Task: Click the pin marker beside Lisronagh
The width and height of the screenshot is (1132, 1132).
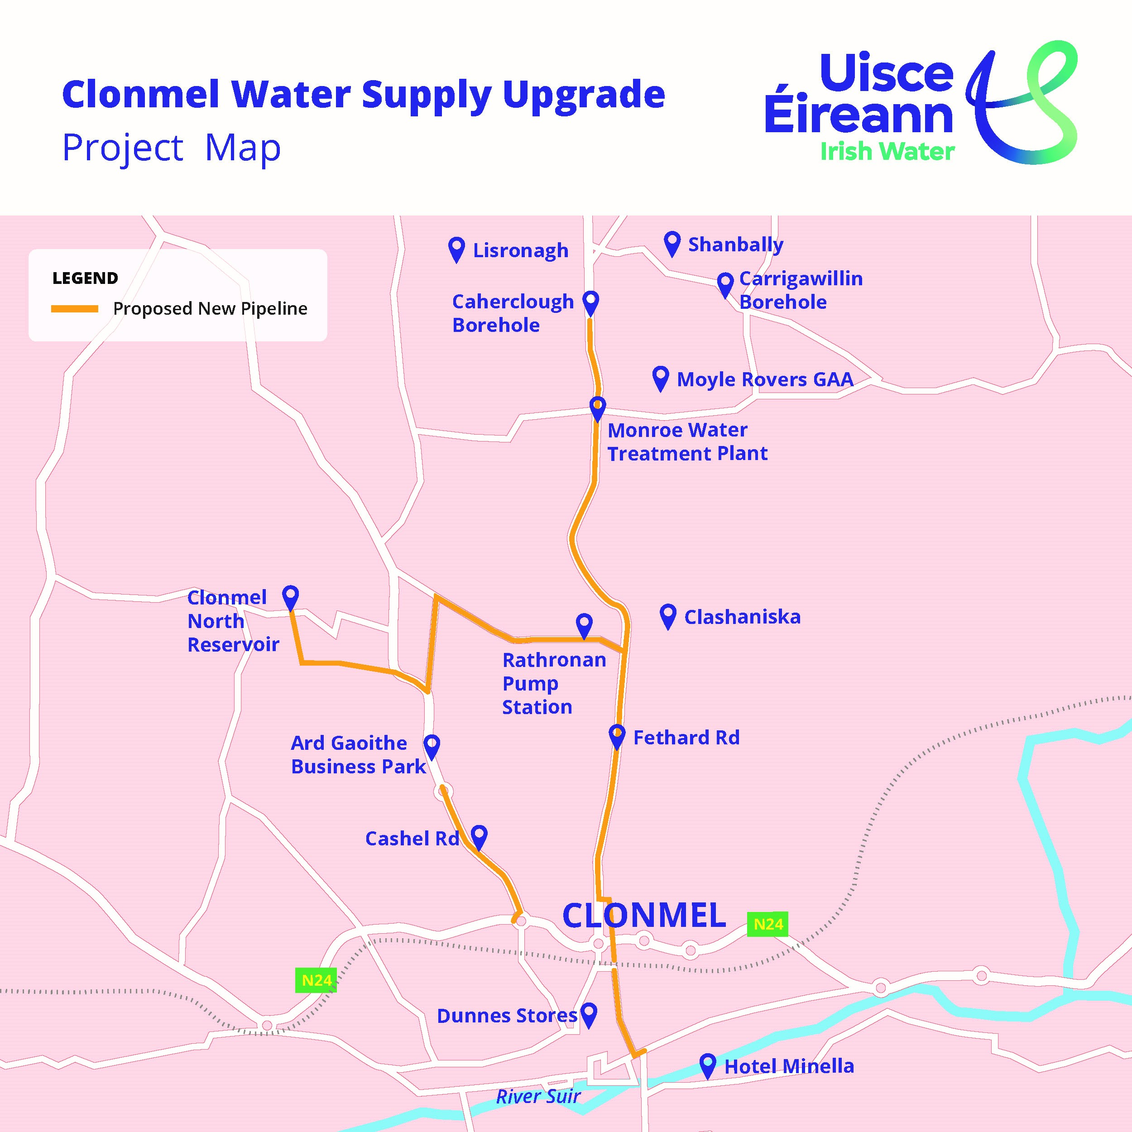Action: click(456, 248)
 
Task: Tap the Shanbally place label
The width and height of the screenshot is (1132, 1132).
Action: click(735, 245)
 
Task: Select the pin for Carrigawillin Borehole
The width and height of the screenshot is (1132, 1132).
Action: click(725, 283)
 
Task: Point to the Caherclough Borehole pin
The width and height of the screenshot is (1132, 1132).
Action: click(590, 301)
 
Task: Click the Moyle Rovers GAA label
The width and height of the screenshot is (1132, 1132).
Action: click(765, 379)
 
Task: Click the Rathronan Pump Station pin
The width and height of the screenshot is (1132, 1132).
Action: click(584, 624)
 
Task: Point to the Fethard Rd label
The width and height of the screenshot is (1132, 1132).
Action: click(686, 737)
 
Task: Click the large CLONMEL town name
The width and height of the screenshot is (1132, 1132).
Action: click(644, 915)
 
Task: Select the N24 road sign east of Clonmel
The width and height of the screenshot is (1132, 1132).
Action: click(767, 924)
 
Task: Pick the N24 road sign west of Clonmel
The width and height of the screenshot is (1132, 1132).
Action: click(317, 980)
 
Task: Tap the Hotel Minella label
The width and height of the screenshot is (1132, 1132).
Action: click(789, 1066)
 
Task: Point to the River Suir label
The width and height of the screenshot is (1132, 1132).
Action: click(538, 1096)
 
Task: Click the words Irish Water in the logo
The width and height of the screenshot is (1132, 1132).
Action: click(887, 152)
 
